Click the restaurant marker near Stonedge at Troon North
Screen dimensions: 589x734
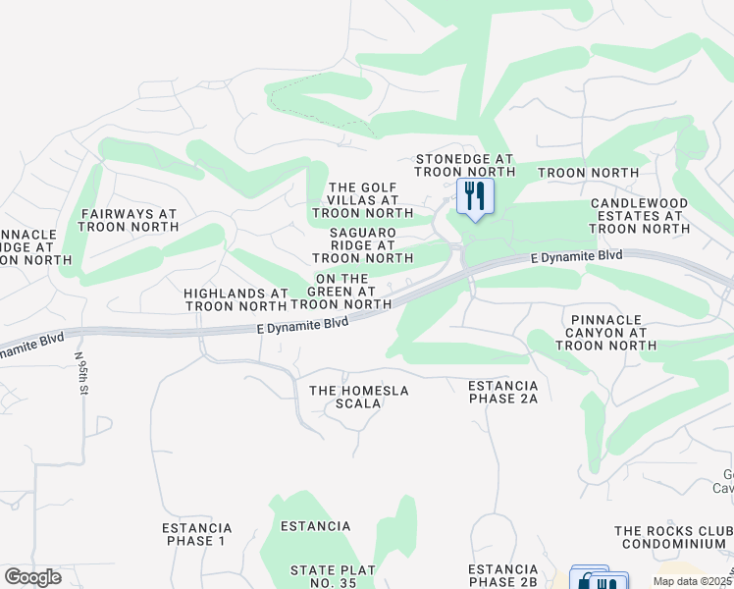(x=474, y=196)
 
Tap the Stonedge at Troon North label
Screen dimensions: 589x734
(x=464, y=165)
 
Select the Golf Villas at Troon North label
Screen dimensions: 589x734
(x=362, y=200)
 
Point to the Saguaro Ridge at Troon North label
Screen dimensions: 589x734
(x=362, y=244)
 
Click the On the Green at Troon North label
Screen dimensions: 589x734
(x=341, y=292)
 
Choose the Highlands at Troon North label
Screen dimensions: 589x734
(x=236, y=299)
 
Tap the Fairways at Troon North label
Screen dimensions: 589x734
(x=128, y=219)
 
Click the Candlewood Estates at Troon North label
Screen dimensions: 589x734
(x=640, y=215)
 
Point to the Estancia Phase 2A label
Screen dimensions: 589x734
(x=502, y=392)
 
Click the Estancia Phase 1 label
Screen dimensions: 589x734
(x=196, y=534)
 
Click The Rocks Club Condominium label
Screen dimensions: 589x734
(x=671, y=537)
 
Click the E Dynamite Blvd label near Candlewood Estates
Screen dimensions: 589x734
(x=576, y=256)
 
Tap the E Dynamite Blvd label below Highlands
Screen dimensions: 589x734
(x=303, y=324)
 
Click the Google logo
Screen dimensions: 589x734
(x=32, y=577)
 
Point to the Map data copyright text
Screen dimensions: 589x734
(x=694, y=581)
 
